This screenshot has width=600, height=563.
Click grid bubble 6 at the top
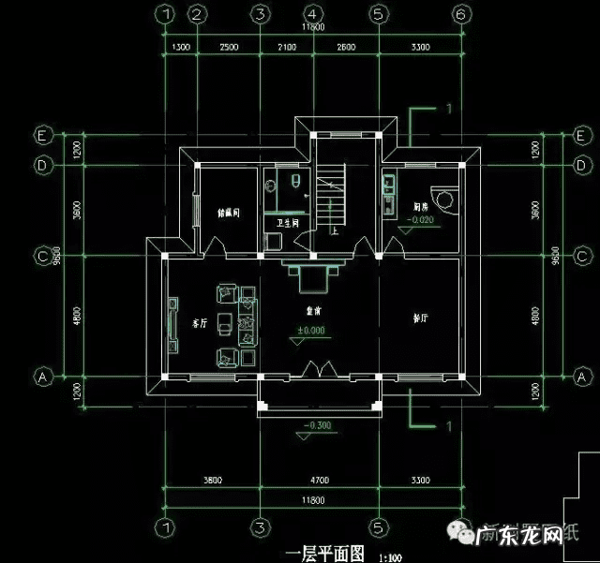[459, 14]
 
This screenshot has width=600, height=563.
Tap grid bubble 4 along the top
[312, 14]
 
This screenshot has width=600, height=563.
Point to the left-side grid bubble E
[42, 133]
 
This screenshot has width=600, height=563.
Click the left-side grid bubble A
[42, 378]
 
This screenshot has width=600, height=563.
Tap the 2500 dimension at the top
[228, 46]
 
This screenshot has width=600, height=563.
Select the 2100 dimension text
[286, 46]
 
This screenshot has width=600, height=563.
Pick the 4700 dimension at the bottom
[319, 481]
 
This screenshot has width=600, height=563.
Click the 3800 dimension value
[212, 481]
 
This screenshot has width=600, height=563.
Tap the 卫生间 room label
[288, 224]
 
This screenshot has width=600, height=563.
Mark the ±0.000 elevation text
[310, 331]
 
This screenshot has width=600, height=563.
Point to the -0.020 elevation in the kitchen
[421, 220]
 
